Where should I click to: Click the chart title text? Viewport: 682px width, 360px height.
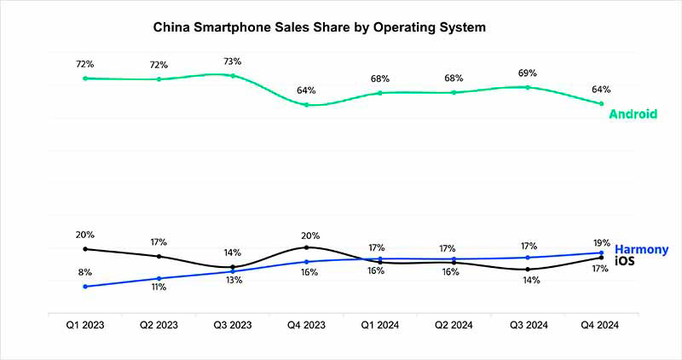click(319, 27)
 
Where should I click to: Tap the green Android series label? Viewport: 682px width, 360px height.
click(633, 113)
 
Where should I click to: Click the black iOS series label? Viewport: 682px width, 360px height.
click(625, 260)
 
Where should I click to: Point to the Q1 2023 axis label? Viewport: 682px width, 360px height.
click(85, 325)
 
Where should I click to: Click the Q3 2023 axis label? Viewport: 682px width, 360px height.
click(233, 325)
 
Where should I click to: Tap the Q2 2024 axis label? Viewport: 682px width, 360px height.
click(454, 325)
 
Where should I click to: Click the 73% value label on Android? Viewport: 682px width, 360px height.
click(233, 61)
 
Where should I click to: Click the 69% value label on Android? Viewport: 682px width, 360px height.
click(529, 73)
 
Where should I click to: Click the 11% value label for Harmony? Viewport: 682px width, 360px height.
click(159, 288)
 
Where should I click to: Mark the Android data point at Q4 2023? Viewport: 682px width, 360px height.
click(307, 105)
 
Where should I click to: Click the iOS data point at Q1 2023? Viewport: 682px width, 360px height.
click(85, 249)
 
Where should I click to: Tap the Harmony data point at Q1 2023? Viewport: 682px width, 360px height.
click(85, 287)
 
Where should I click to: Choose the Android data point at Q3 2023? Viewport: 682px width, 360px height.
click(233, 76)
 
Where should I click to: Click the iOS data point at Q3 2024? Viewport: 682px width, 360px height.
click(529, 269)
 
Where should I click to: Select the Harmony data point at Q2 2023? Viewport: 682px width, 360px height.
click(159, 278)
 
